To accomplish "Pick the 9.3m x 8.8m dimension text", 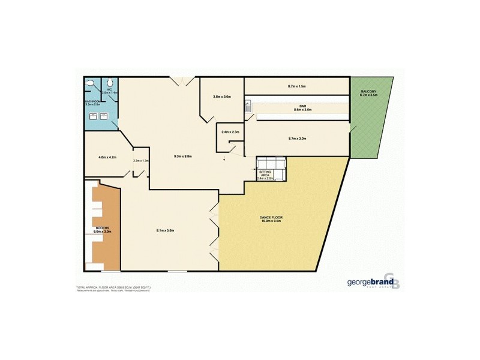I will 182,157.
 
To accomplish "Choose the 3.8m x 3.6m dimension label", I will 222,97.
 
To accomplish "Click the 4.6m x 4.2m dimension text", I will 107,157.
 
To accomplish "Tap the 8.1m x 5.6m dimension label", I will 165,230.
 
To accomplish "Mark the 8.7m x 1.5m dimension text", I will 297,86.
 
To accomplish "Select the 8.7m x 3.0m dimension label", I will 298,139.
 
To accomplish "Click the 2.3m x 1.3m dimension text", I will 140,161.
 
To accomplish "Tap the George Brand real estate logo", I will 371,283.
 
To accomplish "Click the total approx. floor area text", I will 113,287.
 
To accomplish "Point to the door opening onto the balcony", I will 352,127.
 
